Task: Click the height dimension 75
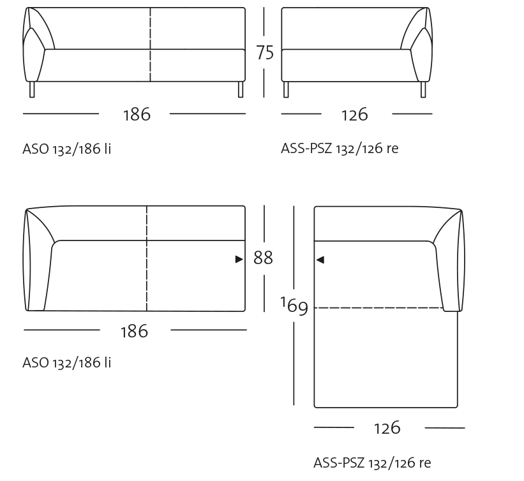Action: tap(264, 52)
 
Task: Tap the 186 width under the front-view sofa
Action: tap(137, 114)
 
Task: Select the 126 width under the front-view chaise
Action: tap(355, 114)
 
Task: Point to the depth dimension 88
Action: tap(263, 258)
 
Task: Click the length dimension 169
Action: tap(294, 306)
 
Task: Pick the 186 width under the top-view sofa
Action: tap(134, 331)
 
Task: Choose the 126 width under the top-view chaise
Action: tap(387, 427)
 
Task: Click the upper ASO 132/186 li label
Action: tap(67, 149)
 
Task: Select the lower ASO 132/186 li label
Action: tap(67, 362)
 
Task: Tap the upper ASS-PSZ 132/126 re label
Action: tap(340, 149)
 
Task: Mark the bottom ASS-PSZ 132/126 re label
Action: tap(372, 463)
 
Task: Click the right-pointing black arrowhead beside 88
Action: tap(239, 259)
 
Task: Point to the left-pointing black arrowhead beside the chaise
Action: tap(320, 260)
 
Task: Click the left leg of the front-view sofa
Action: tap(32, 89)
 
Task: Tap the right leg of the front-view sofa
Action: tap(241, 89)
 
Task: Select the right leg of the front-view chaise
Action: tap(423, 89)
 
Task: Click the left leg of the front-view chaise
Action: tap(286, 89)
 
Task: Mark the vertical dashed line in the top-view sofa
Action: tap(147, 258)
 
